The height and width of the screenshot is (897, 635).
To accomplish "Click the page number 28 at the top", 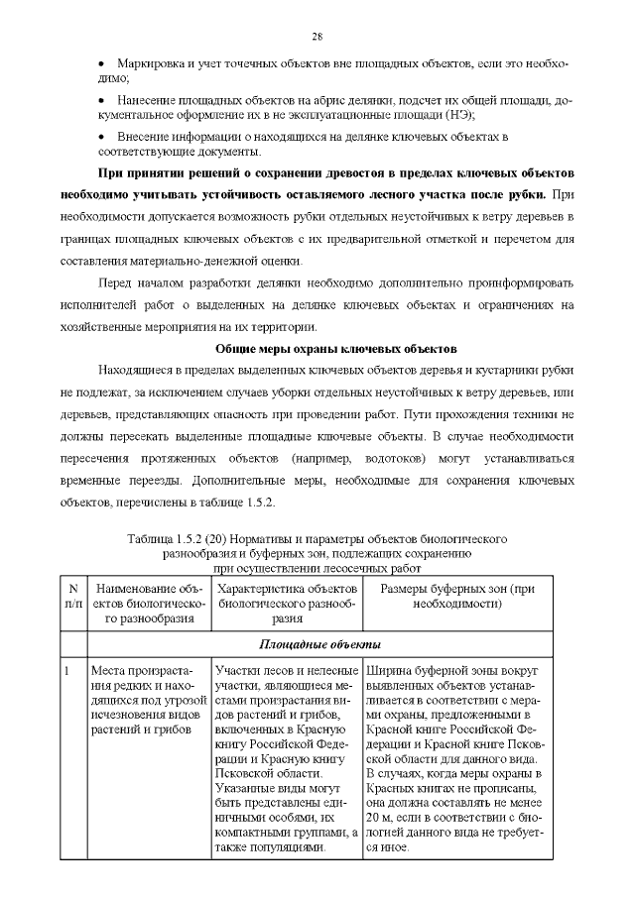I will pos(317,37).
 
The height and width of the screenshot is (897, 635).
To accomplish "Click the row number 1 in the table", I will pos(66,671).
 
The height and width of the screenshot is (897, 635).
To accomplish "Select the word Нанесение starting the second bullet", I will pos(148,101).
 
